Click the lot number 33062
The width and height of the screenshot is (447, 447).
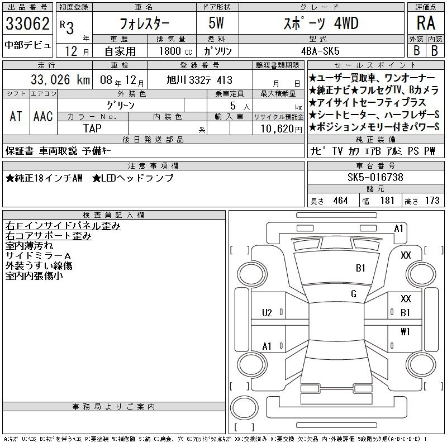tap(27, 23)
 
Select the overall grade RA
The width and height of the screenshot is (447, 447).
tap(426, 23)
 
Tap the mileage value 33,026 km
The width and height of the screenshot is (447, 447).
tap(60, 80)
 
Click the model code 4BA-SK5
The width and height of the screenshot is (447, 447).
tap(320, 51)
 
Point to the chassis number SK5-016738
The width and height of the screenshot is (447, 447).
tap(375, 177)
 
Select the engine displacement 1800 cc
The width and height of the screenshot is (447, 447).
tap(175, 51)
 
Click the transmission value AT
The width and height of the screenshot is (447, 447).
tap(16, 116)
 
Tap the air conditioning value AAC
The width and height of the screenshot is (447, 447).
tap(43, 116)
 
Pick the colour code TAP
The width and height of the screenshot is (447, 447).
tap(92, 129)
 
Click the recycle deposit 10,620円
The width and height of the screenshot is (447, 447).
tap(282, 129)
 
